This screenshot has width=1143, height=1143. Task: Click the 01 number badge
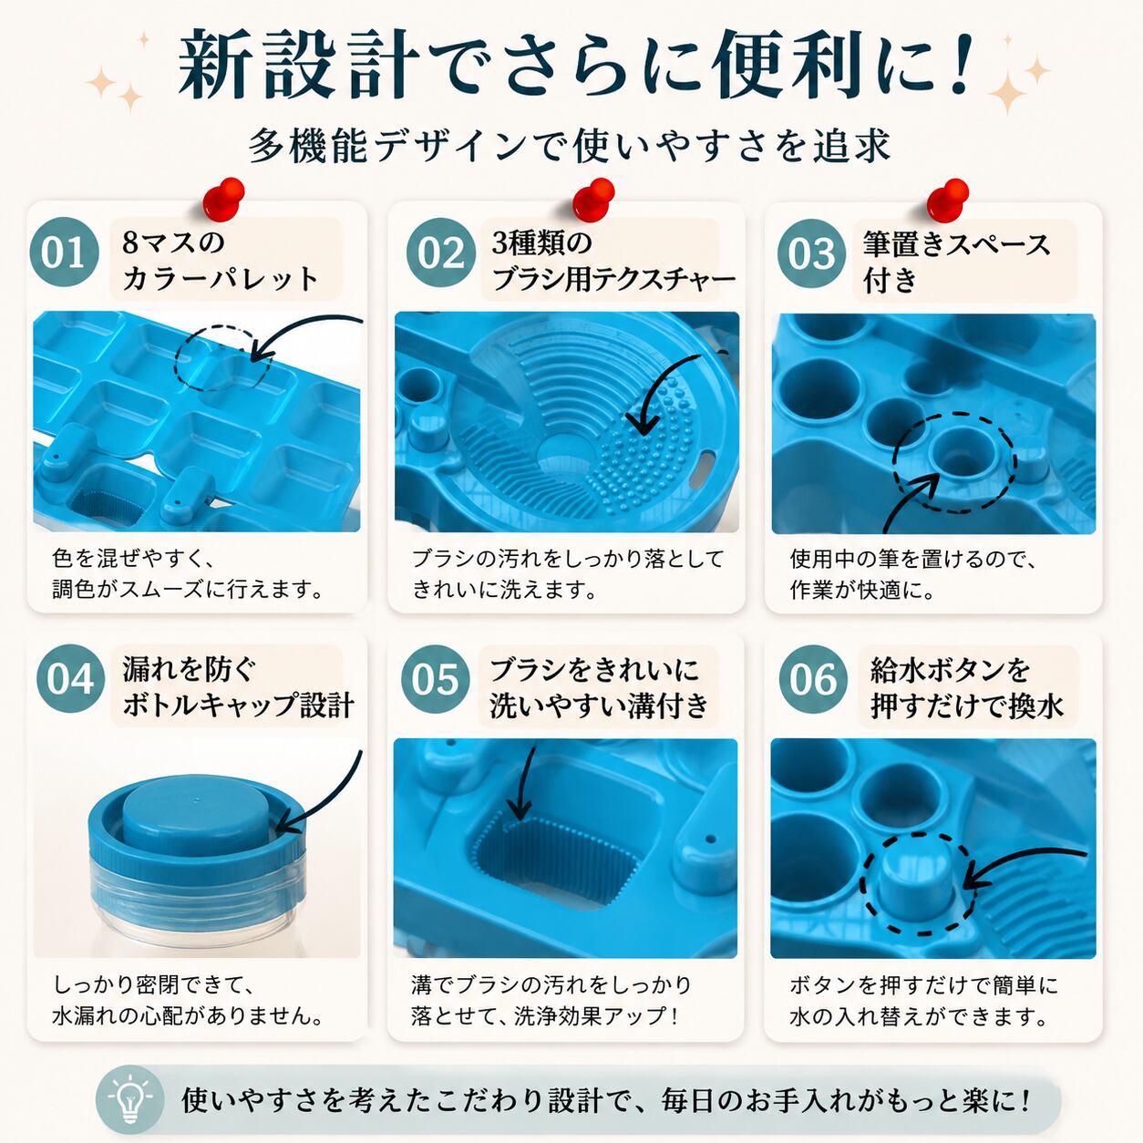point(64,252)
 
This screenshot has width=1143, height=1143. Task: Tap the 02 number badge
point(441,252)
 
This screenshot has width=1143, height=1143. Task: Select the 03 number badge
point(811,253)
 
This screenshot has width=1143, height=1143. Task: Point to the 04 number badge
point(70,678)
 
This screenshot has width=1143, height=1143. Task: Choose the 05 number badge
point(436,679)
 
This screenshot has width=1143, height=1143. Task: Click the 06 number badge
point(813,679)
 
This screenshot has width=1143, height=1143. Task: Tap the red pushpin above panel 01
point(223,196)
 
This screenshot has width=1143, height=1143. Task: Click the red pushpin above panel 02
point(593,197)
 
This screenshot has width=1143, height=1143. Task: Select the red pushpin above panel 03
point(948,197)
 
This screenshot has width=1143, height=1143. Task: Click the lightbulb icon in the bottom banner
point(130,1100)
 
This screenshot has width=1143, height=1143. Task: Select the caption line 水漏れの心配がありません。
point(188,1016)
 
